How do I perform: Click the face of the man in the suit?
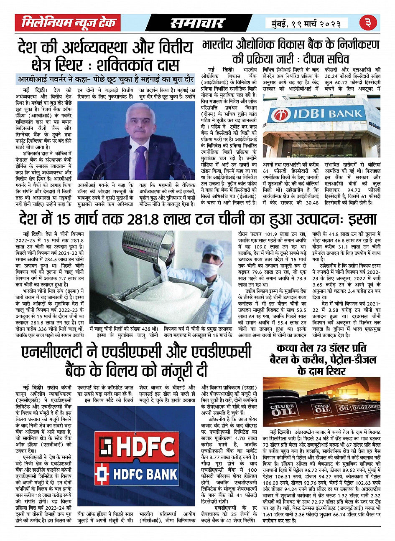click(138, 121)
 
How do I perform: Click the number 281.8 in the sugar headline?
click(136, 219)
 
